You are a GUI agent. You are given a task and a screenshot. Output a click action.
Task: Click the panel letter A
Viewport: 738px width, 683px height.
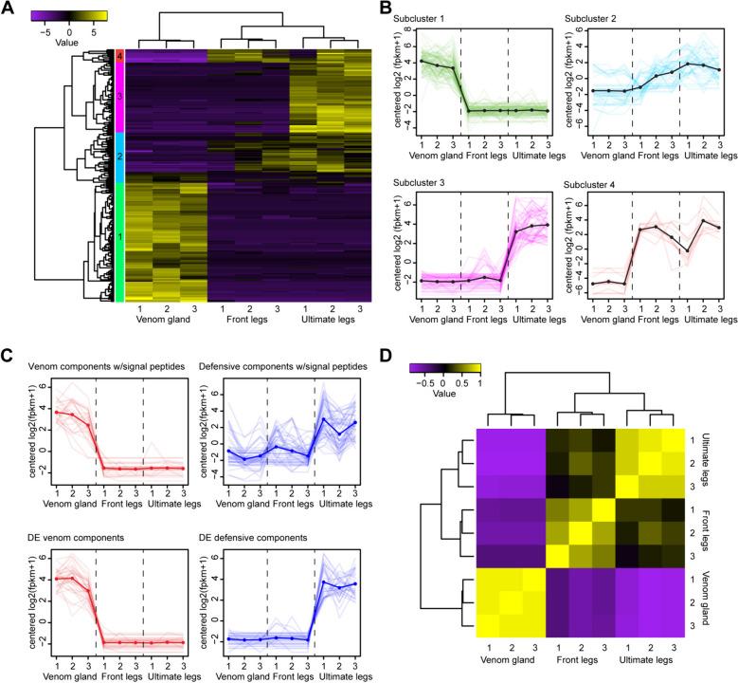point(9,9)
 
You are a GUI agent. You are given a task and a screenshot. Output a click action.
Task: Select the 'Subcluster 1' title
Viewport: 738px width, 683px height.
point(438,20)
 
